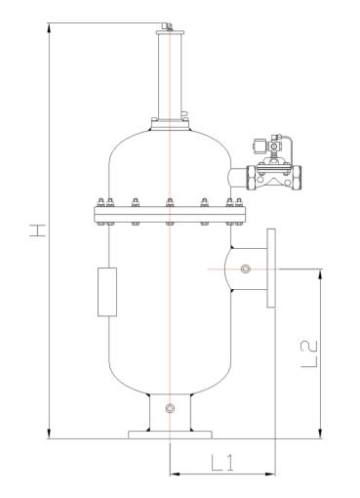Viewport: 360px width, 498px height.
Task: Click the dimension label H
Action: click(36, 230)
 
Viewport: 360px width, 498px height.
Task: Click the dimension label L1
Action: click(222, 463)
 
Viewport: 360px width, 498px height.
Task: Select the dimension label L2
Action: click(308, 354)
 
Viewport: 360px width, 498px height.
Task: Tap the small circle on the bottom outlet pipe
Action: click(170, 408)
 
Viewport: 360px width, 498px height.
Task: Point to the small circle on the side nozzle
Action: click(246, 269)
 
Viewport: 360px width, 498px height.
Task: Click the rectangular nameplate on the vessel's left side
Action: click(107, 292)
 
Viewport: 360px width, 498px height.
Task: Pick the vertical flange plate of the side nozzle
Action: click(271, 269)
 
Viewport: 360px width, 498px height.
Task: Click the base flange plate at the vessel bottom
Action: click(170, 435)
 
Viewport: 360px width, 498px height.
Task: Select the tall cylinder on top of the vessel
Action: click(170, 76)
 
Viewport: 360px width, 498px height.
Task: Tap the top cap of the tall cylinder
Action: click(170, 32)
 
